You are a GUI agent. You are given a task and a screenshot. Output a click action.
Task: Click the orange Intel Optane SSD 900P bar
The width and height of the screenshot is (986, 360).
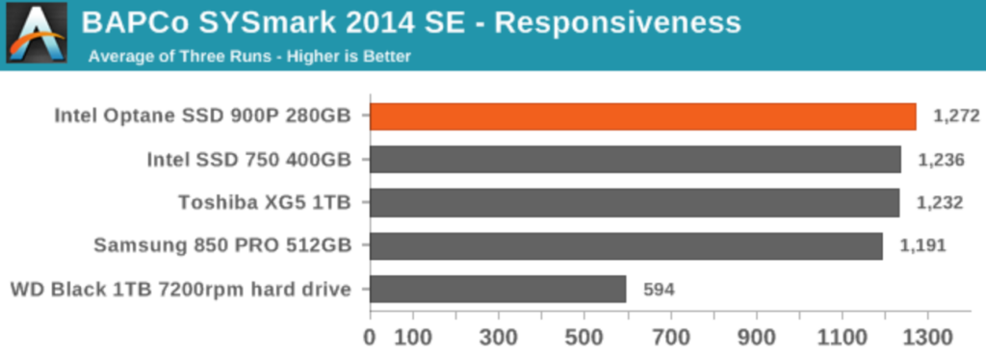[643, 116]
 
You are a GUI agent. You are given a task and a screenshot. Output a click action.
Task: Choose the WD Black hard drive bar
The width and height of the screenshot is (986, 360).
[498, 289]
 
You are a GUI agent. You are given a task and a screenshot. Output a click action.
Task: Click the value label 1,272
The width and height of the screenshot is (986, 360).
[956, 116]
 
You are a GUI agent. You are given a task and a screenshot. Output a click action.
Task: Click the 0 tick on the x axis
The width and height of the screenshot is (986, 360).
[371, 337]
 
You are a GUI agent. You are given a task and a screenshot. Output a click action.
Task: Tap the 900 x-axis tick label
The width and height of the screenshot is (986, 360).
[757, 337]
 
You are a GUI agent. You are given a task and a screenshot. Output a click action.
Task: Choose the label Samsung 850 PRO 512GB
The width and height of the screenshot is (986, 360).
[221, 245]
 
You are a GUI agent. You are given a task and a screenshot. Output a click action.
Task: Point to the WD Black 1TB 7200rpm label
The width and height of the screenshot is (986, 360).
[178, 289]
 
